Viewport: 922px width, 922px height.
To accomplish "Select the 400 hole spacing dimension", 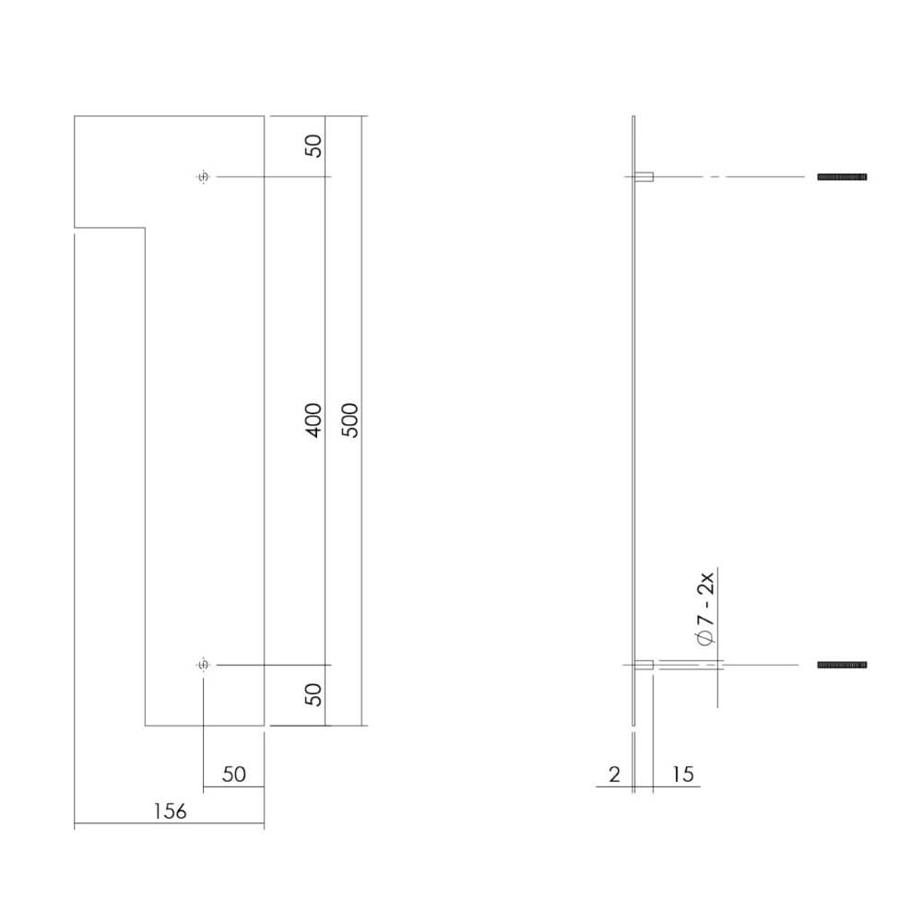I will [313, 420].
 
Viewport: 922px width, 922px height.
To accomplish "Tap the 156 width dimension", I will [171, 811].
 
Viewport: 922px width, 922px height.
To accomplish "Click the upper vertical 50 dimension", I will [314, 146].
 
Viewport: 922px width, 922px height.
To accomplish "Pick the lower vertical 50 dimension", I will [314, 694].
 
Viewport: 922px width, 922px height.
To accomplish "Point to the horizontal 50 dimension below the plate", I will [234, 774].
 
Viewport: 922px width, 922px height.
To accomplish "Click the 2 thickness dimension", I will [615, 774].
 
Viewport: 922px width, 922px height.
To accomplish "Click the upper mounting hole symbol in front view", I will [204, 176].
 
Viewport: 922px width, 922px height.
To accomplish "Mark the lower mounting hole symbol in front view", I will [204, 665].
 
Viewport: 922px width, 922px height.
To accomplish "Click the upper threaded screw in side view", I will [842, 176].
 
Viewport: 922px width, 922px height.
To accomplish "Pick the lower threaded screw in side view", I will [842, 665].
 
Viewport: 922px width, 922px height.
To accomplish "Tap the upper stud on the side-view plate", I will [645, 176].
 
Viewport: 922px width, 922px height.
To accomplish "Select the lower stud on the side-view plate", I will [645, 665].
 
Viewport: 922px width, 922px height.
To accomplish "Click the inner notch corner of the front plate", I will [146, 227].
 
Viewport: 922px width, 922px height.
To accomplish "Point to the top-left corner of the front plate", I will [75, 116].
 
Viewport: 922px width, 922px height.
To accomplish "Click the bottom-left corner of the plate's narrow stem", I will [146, 726].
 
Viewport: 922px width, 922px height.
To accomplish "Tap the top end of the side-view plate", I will [634, 117].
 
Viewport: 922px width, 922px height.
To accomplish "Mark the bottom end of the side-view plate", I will [634, 725].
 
